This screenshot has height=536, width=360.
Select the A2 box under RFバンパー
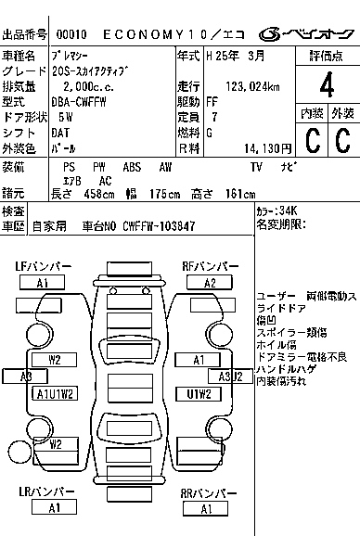210,283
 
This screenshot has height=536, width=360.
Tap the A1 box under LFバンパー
42,283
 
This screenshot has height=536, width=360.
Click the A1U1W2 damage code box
55,394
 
